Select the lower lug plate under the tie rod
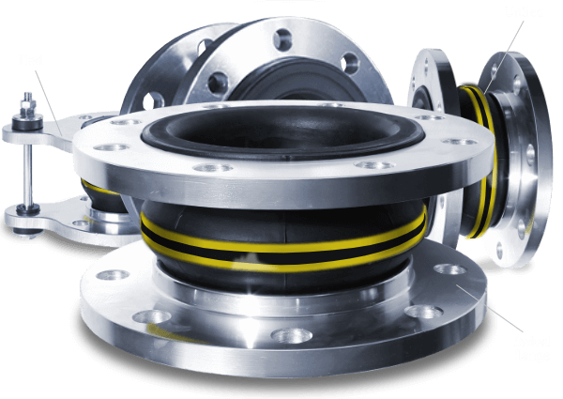(42, 215)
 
